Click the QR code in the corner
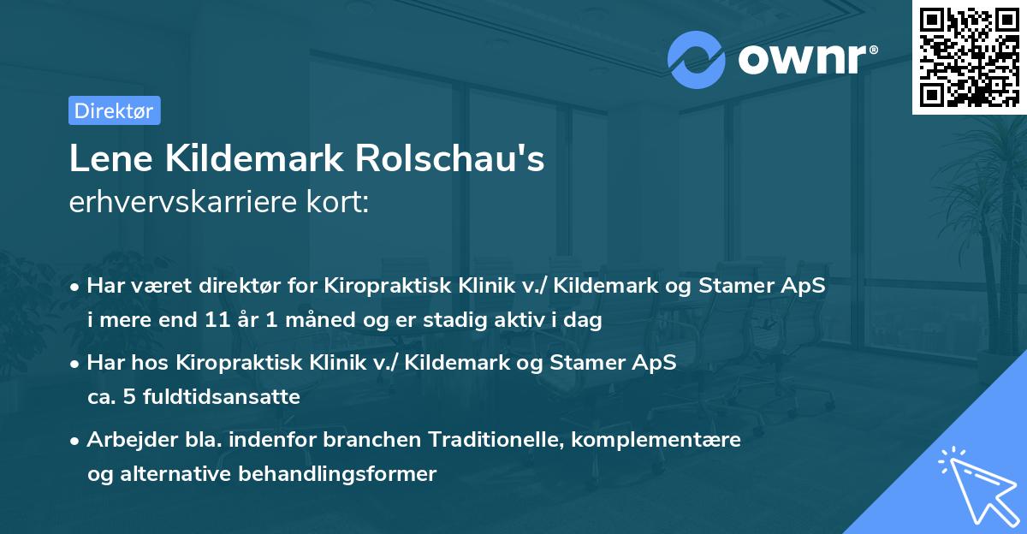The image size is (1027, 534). (x=969, y=56)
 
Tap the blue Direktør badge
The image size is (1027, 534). (x=114, y=110)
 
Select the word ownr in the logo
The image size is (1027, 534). (x=805, y=59)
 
